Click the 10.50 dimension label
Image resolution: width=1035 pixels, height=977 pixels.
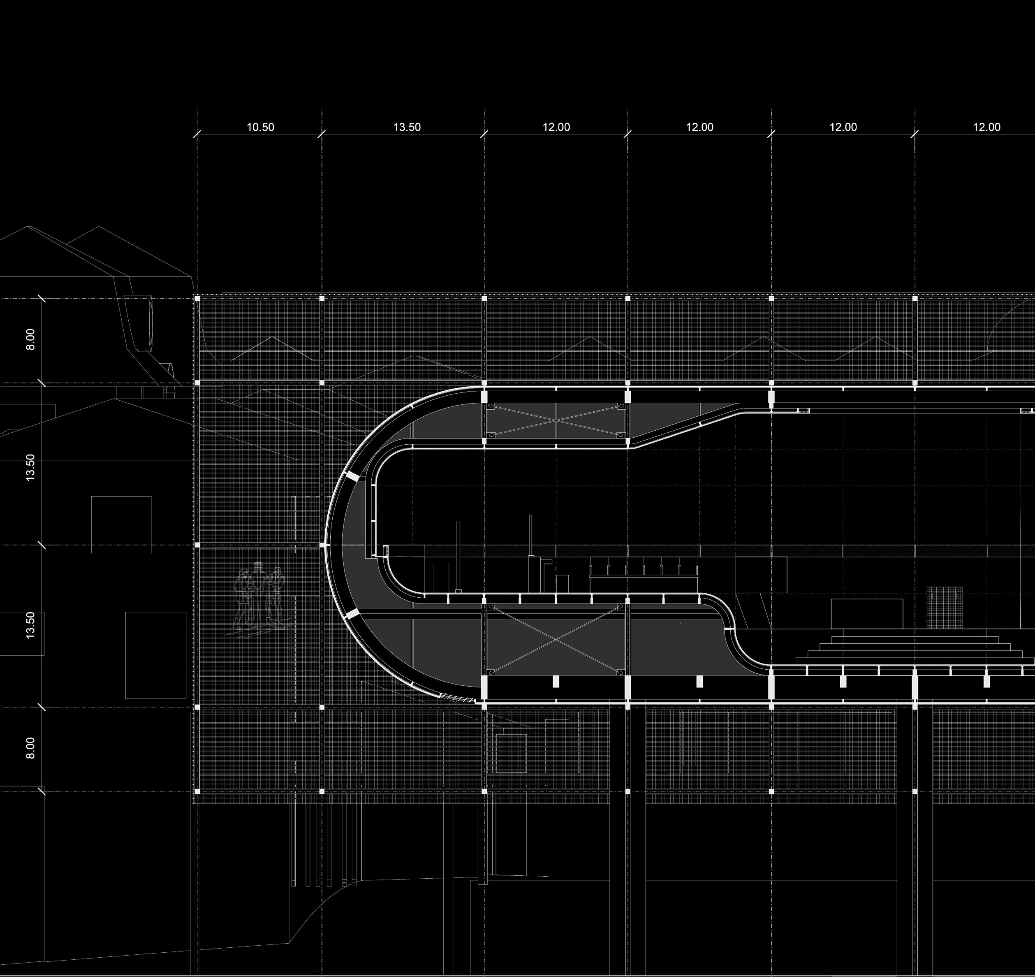point(260,127)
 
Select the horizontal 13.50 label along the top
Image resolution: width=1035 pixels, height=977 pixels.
point(407,127)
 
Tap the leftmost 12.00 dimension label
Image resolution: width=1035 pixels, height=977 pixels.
point(556,127)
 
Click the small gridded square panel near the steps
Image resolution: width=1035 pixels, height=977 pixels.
point(945,607)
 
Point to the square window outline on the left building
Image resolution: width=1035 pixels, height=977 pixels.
point(121,524)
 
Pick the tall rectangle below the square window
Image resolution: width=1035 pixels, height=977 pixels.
point(156,655)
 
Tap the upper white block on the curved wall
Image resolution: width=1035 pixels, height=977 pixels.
point(352,476)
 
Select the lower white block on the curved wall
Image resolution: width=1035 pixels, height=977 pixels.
point(352,615)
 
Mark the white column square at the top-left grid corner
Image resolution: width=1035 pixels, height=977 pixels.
point(197,298)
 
